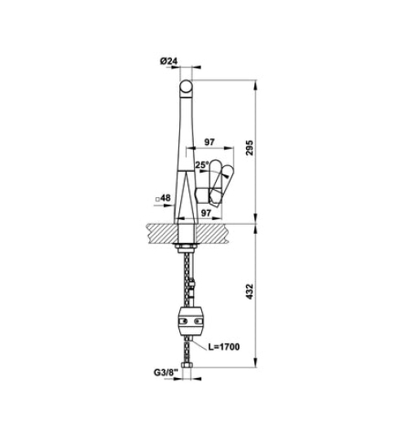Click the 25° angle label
pos(202,164)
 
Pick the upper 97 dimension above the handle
pos(209,142)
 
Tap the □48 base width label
pos(161,198)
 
